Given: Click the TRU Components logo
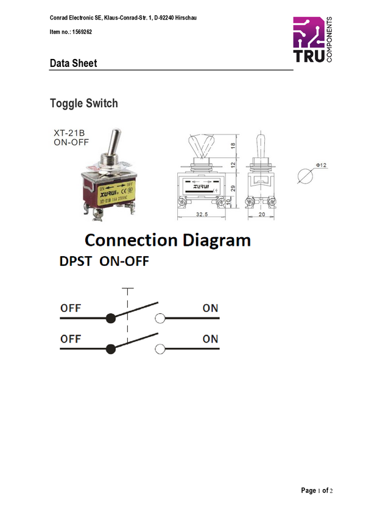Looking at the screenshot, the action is (312, 40).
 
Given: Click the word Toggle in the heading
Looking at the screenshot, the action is (65, 103).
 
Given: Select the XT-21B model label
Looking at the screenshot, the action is (67, 132).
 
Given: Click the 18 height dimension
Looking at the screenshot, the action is (232, 147).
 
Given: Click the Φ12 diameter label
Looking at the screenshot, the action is (320, 165).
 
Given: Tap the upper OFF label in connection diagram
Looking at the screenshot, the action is (70, 308).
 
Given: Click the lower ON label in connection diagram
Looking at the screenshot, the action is (210, 339).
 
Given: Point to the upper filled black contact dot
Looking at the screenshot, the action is (110, 318).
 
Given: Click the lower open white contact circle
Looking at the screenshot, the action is (160, 349).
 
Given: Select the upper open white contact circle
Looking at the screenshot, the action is (160, 318).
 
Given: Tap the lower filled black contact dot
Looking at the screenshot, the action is (110, 349).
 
